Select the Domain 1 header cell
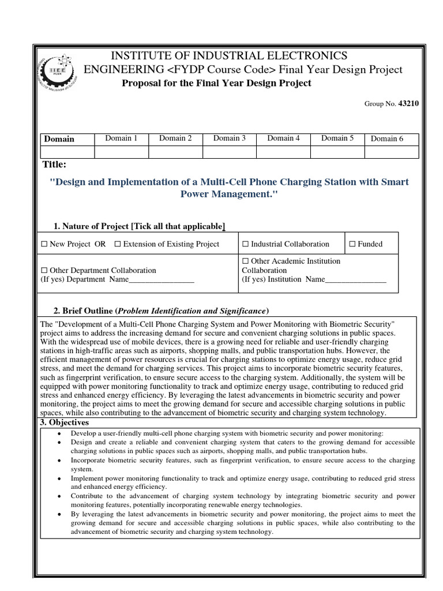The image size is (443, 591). pyautogui.click(x=121, y=138)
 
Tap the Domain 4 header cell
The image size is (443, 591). pyautogui.click(x=284, y=138)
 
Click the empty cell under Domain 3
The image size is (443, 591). pyautogui.click(x=230, y=152)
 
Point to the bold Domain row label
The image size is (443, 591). pyautogui.click(x=59, y=139)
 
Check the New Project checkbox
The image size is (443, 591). pyautogui.click(x=44, y=244)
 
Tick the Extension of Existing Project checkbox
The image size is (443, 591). pyautogui.click(x=118, y=244)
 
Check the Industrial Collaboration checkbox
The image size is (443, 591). pyautogui.click(x=245, y=244)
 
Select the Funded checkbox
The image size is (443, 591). pyautogui.click(x=352, y=244)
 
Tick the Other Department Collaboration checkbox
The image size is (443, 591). pyautogui.click(x=44, y=270)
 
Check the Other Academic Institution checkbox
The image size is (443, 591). pyautogui.click(x=245, y=261)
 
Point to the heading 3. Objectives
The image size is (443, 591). pyautogui.click(x=64, y=423)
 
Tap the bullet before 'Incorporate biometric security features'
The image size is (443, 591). pyautogui.click(x=61, y=461)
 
